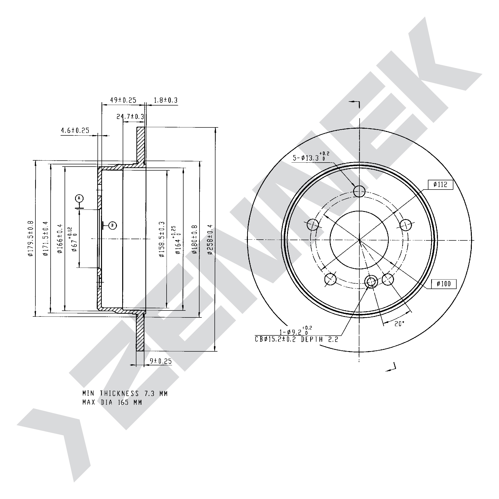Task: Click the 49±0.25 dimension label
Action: (x=123, y=100)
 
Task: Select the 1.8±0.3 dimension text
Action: (x=166, y=100)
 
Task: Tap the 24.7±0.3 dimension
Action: (x=130, y=116)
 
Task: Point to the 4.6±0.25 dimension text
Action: (x=75, y=130)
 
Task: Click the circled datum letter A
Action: (x=79, y=198)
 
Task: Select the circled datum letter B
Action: (x=113, y=225)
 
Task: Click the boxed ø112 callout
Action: (x=440, y=185)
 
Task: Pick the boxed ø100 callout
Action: (x=444, y=284)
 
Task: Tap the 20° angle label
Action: (x=399, y=324)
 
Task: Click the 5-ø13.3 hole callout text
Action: (x=311, y=157)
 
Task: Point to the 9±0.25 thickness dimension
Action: (x=161, y=361)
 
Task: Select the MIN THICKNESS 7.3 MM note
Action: (x=125, y=394)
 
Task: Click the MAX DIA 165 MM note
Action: (x=112, y=402)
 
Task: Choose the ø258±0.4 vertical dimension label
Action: (x=210, y=240)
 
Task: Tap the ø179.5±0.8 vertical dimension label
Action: (x=31, y=238)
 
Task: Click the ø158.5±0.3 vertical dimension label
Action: (x=162, y=239)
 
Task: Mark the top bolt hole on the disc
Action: (x=359, y=192)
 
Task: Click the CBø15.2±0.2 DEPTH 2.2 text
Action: (x=297, y=339)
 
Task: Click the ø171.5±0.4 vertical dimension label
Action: (x=46, y=238)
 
